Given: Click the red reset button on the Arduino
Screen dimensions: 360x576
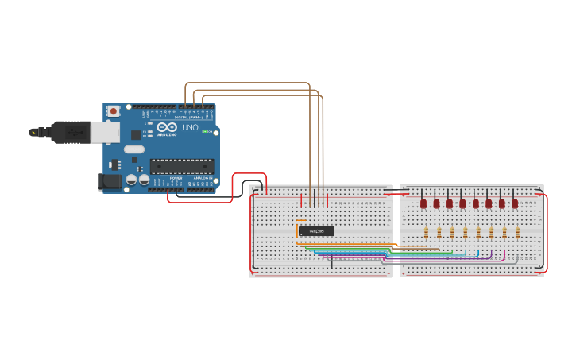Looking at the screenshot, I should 114,110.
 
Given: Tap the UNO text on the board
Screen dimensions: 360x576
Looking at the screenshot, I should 190,127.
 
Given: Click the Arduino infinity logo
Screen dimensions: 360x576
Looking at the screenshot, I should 168,127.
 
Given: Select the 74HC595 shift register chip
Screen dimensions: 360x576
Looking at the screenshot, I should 316,231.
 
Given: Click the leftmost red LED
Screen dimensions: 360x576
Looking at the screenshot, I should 423,203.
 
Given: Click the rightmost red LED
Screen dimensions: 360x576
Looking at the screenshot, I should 515,203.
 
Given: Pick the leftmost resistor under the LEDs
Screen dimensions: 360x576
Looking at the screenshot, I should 426,232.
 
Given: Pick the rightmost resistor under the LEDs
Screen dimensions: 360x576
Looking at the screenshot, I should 517,232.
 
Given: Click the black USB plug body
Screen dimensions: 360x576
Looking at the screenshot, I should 72,131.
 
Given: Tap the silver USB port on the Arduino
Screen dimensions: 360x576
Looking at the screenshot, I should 105,132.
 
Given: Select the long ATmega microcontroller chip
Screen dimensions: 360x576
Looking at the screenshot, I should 182,166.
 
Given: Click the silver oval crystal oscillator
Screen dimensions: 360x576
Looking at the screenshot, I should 134,149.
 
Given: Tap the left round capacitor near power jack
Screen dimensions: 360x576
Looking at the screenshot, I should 131,180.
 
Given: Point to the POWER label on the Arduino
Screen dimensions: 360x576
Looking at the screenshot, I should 175,178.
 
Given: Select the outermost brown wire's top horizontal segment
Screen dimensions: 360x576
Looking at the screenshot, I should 246,83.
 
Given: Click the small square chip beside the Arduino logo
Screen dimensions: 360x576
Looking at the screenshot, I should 136,134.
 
